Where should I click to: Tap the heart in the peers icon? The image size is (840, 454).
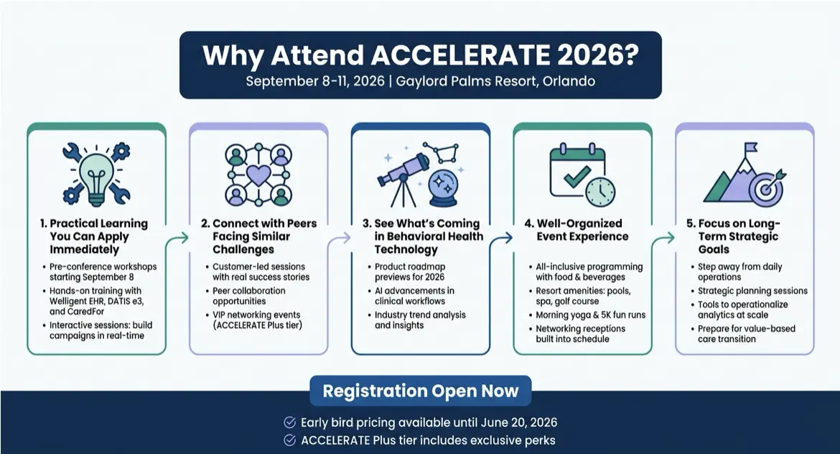258,175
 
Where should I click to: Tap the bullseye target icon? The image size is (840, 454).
765,187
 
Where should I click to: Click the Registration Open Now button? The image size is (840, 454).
420,392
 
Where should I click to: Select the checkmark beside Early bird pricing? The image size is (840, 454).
289,422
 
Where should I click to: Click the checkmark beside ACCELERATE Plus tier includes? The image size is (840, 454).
289,440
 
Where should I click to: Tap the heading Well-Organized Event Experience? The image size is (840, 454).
582,230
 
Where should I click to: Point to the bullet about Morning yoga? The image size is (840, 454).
585,315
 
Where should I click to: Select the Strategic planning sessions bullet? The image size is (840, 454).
752,291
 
